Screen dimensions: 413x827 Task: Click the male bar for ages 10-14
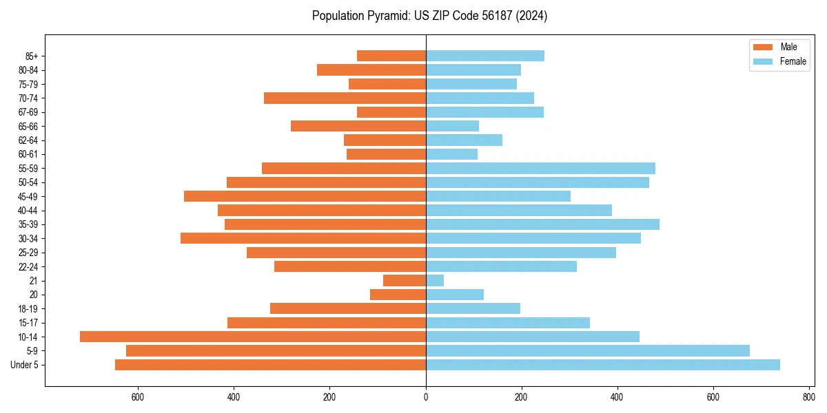pos(253,337)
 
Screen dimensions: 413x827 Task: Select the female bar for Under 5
pos(603,365)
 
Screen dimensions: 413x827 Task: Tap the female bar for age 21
pos(435,280)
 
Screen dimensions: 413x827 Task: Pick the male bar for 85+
pos(391,56)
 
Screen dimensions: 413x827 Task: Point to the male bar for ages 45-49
pos(305,196)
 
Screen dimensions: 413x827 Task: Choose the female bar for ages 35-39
pos(542,224)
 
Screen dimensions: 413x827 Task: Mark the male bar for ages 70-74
pos(345,98)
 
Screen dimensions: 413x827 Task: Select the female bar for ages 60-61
pos(451,154)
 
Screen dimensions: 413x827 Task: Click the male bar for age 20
pos(398,295)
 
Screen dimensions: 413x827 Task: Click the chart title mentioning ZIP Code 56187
pos(429,16)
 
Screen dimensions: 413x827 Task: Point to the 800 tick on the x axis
pos(809,397)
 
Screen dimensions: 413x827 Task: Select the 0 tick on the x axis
pos(426,397)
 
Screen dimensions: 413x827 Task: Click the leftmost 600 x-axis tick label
pos(138,397)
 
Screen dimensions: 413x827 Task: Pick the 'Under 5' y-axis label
pos(24,365)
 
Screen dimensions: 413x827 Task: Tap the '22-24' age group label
pos(28,266)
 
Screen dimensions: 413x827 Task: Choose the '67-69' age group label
pos(28,112)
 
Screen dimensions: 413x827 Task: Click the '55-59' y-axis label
pos(28,168)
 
